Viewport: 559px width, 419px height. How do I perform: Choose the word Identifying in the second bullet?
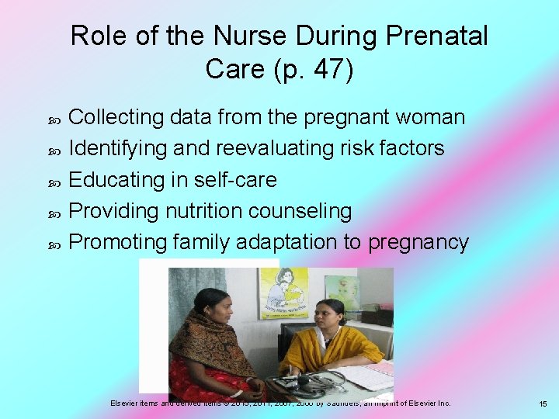117,148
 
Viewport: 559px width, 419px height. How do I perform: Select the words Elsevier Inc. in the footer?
426,403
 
